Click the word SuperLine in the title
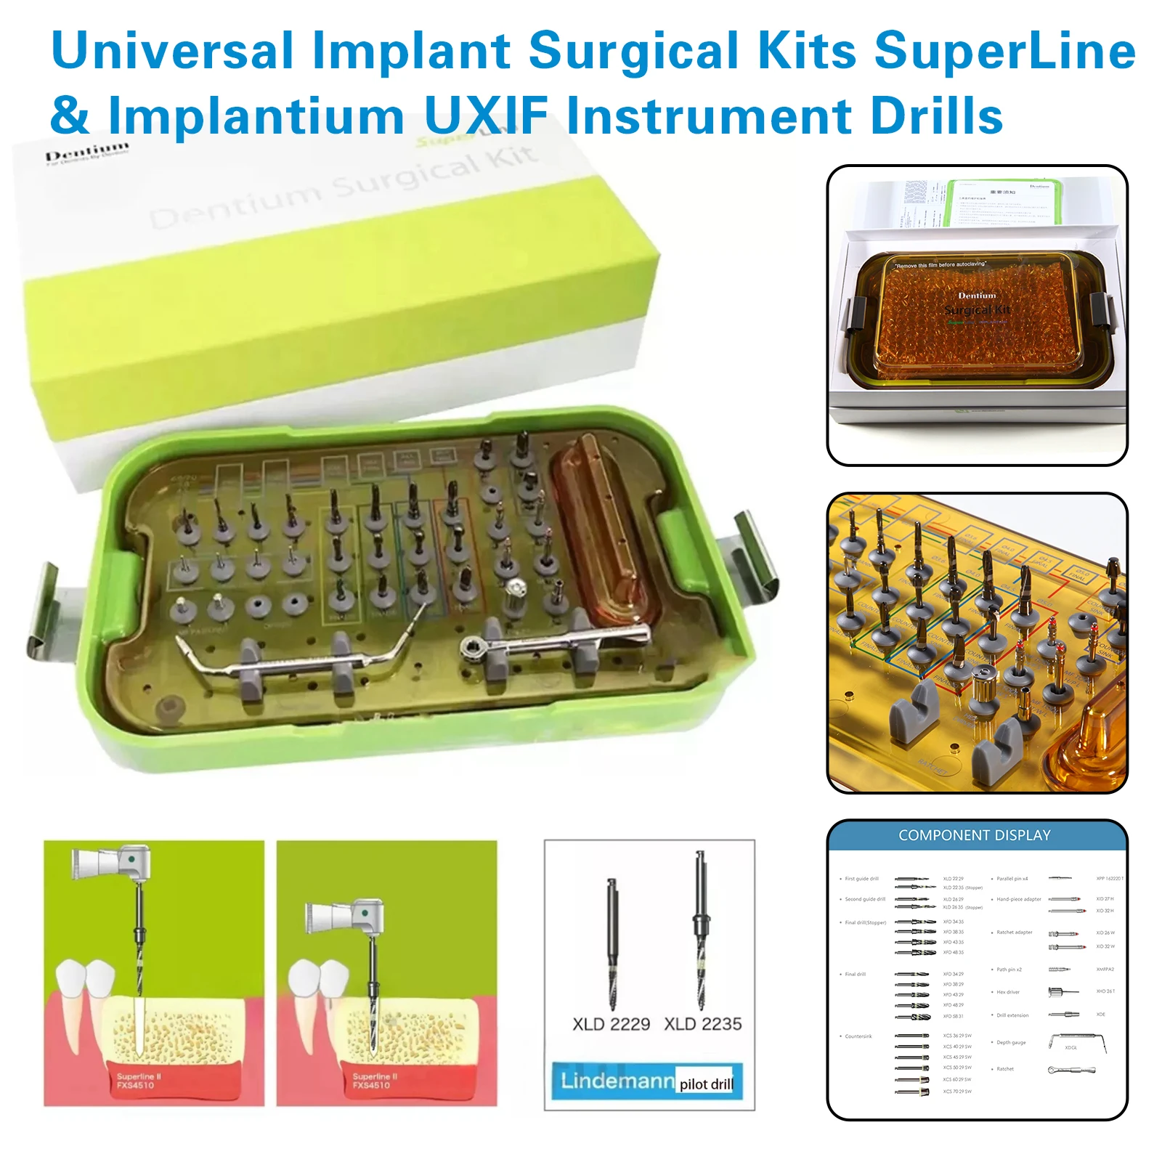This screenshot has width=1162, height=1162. pyautogui.click(x=1004, y=51)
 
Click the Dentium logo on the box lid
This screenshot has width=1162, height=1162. pyautogui.click(x=87, y=153)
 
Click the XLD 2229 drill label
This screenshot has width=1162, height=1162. pyautogui.click(x=611, y=1024)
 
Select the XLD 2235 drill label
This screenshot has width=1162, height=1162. pyautogui.click(x=703, y=1024)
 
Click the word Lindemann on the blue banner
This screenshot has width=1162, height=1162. pyautogui.click(x=617, y=1081)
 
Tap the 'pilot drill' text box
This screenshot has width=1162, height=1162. pyautogui.click(x=707, y=1084)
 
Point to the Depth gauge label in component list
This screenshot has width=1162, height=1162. pyautogui.click(x=1011, y=1042)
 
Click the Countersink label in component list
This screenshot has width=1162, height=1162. pyautogui.click(x=858, y=1036)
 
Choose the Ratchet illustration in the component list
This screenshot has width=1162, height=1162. pyautogui.click(x=1071, y=1070)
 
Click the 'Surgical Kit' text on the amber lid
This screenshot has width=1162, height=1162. pyautogui.click(x=977, y=310)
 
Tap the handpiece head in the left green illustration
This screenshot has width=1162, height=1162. pyautogui.click(x=132, y=861)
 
